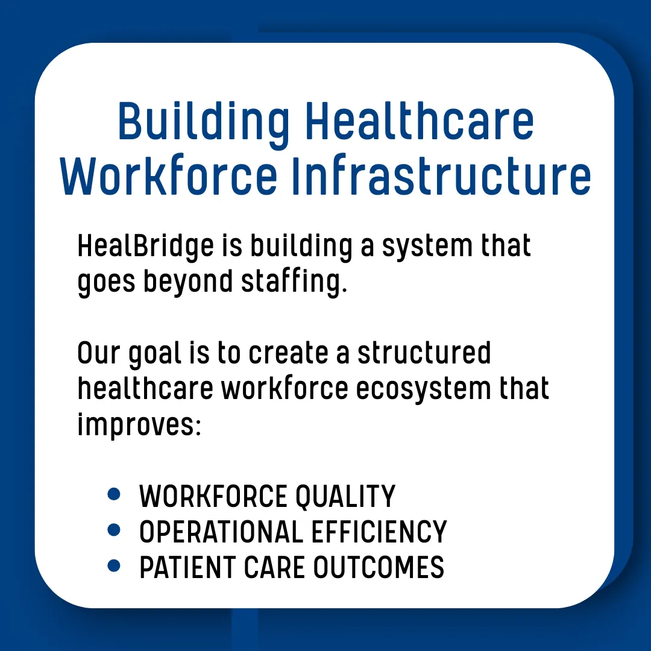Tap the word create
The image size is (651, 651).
pos(288,354)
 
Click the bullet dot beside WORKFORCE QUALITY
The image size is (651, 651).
pos(114,494)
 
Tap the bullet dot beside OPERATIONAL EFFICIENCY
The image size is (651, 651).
pos(114,530)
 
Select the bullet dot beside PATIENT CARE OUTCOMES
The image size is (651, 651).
pos(114,565)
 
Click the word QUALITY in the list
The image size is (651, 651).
pos(345,497)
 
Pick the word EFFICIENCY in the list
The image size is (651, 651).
pos(379,532)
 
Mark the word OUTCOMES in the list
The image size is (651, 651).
pos(379,567)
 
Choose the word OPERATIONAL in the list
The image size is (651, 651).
pos(221,532)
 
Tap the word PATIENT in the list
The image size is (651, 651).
pos(187,567)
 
